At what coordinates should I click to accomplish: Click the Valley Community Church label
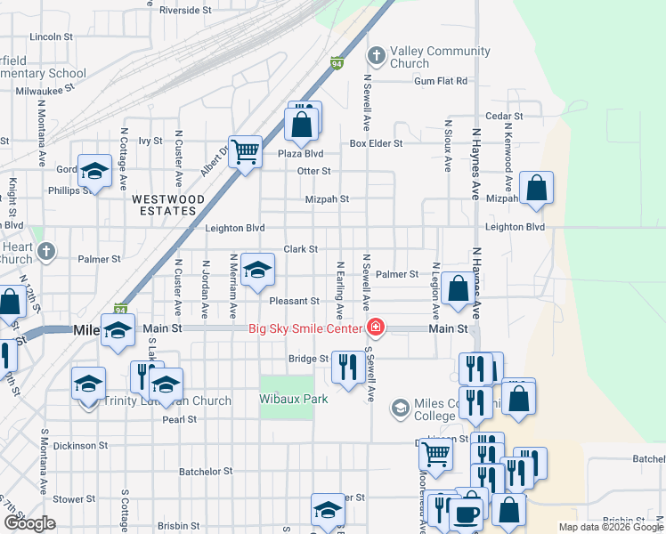point(440,57)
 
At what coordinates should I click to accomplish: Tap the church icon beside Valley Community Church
point(376,56)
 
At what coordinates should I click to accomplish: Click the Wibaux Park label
point(294,399)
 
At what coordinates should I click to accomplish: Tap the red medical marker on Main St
point(376,328)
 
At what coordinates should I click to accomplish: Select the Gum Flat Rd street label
point(440,81)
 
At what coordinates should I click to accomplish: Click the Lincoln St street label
point(51,37)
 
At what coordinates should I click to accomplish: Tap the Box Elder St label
point(376,143)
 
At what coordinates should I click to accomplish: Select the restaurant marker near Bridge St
point(345,365)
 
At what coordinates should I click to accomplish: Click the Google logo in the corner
point(28,523)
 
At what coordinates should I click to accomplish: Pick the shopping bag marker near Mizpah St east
point(537,188)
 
